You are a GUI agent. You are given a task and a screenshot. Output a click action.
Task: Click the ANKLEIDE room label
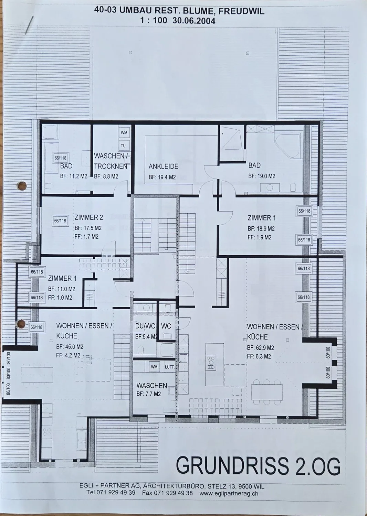click(x=163, y=166)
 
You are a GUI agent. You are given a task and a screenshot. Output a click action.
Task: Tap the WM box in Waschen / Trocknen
click(x=124, y=133)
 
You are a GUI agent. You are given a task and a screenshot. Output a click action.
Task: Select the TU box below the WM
click(x=123, y=146)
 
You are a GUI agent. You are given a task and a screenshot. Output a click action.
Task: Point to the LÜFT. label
click(x=169, y=367)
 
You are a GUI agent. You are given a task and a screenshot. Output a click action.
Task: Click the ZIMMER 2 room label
click(x=89, y=217)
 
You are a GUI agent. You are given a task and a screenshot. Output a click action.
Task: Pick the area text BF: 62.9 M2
click(x=261, y=347)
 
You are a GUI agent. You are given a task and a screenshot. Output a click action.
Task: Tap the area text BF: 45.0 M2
click(x=70, y=347)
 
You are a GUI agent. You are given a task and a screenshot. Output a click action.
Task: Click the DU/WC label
click(x=145, y=326)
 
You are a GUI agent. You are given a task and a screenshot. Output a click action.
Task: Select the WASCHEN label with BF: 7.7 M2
click(x=152, y=386)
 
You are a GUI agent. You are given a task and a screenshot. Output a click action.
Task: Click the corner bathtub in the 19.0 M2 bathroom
click(x=288, y=147)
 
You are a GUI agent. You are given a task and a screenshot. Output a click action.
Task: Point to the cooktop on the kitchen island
click(x=211, y=363)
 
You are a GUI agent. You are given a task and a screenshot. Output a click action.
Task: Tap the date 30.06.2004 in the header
click(x=194, y=21)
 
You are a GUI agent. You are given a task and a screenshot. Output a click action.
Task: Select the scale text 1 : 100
click(x=154, y=21)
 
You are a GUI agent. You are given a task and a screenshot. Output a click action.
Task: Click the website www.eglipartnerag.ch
click(x=229, y=494)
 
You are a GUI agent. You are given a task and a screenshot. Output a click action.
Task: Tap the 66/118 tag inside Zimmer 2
click(x=60, y=221)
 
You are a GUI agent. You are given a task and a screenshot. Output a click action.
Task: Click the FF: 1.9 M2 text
click(x=260, y=237)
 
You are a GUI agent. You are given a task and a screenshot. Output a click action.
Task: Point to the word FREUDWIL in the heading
click(x=241, y=11)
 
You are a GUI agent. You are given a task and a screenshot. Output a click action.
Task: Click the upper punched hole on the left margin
click(x=22, y=186)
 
